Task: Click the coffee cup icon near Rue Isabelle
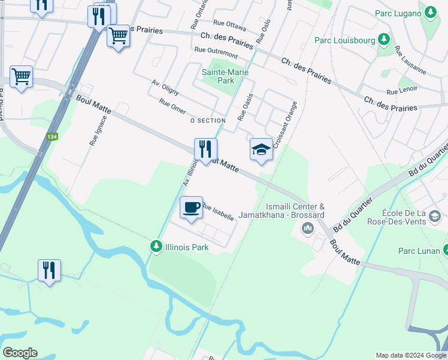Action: click(191, 208)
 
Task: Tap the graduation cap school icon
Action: click(261, 149)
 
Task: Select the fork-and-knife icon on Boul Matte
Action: click(205, 149)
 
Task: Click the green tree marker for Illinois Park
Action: click(156, 246)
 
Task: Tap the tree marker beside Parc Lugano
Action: click(431, 13)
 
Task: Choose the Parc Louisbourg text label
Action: click(345, 41)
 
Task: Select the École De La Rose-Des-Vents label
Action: click(412, 217)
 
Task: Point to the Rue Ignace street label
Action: click(93, 131)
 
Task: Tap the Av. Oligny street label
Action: click(165, 88)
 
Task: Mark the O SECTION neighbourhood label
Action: click(207, 121)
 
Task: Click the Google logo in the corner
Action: click(20, 353)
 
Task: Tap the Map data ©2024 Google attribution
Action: click(411, 355)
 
